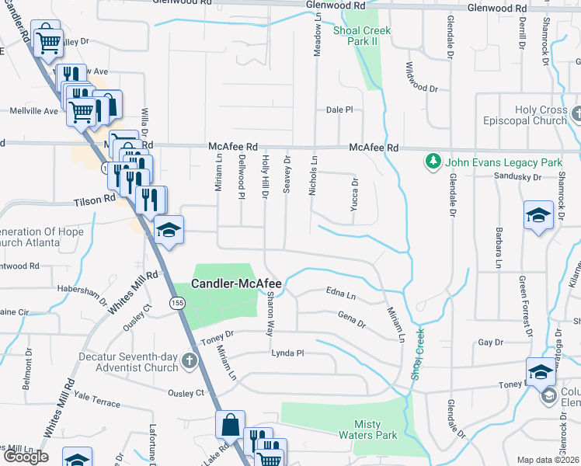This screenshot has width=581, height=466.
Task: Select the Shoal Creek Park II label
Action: coord(362,37)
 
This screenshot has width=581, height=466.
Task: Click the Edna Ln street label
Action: coord(340,296)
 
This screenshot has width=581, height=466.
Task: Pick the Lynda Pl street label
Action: coord(287,353)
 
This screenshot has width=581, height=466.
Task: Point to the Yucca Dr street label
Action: coord(354,198)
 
